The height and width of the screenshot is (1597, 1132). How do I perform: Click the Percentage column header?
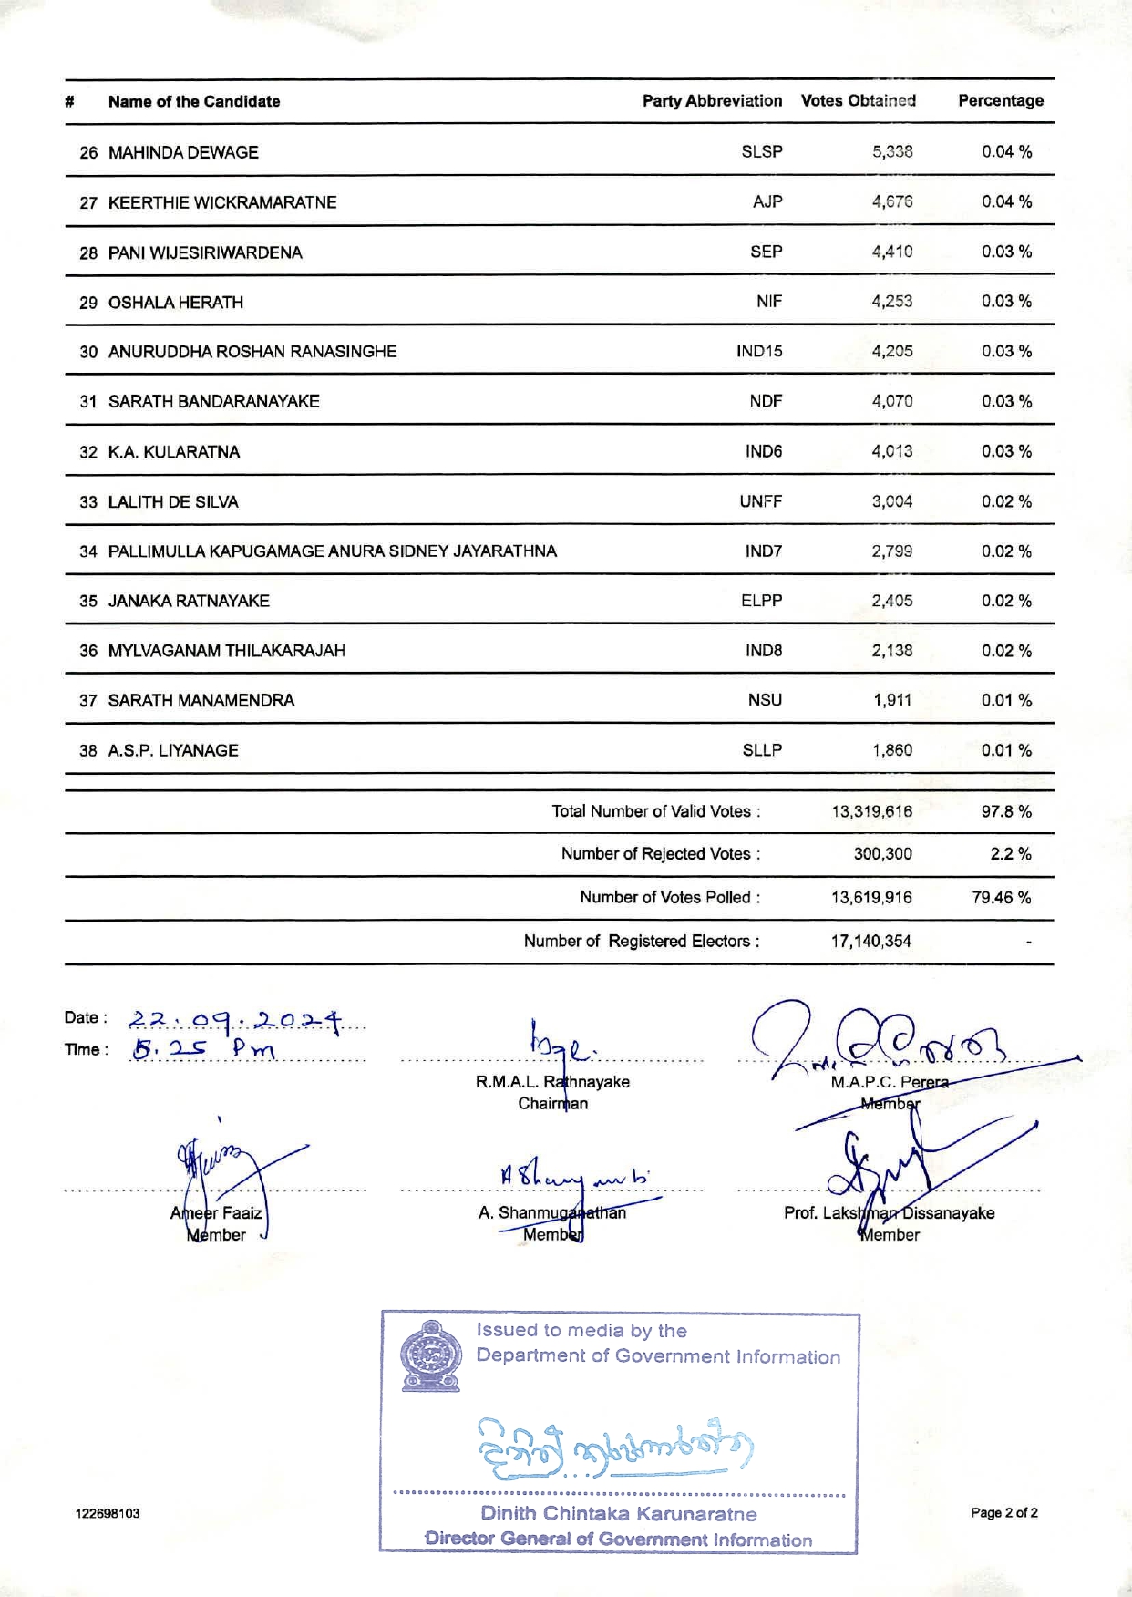point(1000,101)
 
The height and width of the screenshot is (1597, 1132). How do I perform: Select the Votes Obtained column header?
point(858,101)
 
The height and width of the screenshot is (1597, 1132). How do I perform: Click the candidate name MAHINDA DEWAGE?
point(183,152)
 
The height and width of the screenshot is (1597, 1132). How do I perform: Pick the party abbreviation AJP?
point(767,201)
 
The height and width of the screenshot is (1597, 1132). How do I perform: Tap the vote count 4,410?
point(891,252)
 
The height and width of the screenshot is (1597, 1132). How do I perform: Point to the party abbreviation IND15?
point(758,351)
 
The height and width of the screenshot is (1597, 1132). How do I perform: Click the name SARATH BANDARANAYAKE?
point(213,401)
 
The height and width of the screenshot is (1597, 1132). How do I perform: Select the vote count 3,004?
point(891,501)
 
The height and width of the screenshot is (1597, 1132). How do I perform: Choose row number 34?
point(88,551)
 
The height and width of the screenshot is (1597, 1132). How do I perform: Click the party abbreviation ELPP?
point(761,601)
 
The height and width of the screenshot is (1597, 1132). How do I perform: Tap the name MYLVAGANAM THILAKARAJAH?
point(226,651)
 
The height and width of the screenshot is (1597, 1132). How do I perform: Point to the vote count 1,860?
point(891,750)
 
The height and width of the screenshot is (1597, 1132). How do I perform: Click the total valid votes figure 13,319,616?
point(871,811)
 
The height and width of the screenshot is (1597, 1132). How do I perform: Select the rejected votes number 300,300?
point(882,854)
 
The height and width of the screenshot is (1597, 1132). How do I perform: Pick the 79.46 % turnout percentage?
point(1001,898)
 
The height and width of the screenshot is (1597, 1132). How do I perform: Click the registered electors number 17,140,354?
point(870,941)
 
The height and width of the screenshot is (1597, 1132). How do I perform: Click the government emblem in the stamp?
point(430,1355)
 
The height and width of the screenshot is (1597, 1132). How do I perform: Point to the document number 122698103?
point(108,1513)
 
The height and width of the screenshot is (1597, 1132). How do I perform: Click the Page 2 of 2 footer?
point(1004,1513)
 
